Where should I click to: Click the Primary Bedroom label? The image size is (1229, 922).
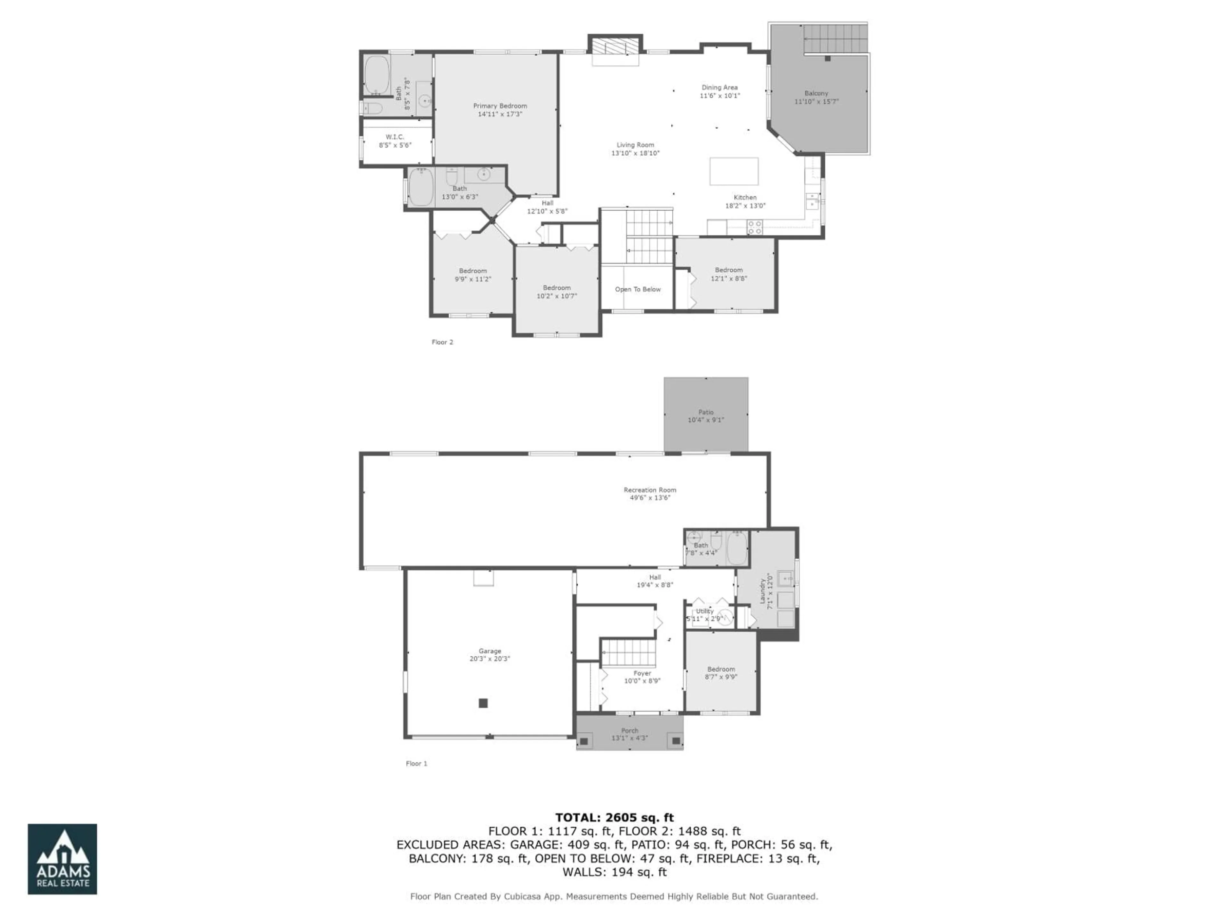point(500,106)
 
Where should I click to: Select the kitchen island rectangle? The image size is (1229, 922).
point(734,171)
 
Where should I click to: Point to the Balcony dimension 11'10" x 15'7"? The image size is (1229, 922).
point(816,102)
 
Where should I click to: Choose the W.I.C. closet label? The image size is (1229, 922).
point(395,137)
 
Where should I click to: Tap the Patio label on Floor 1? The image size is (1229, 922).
point(706,412)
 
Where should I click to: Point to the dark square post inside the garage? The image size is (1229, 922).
point(483,703)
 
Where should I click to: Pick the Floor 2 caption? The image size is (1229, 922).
point(442,342)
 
